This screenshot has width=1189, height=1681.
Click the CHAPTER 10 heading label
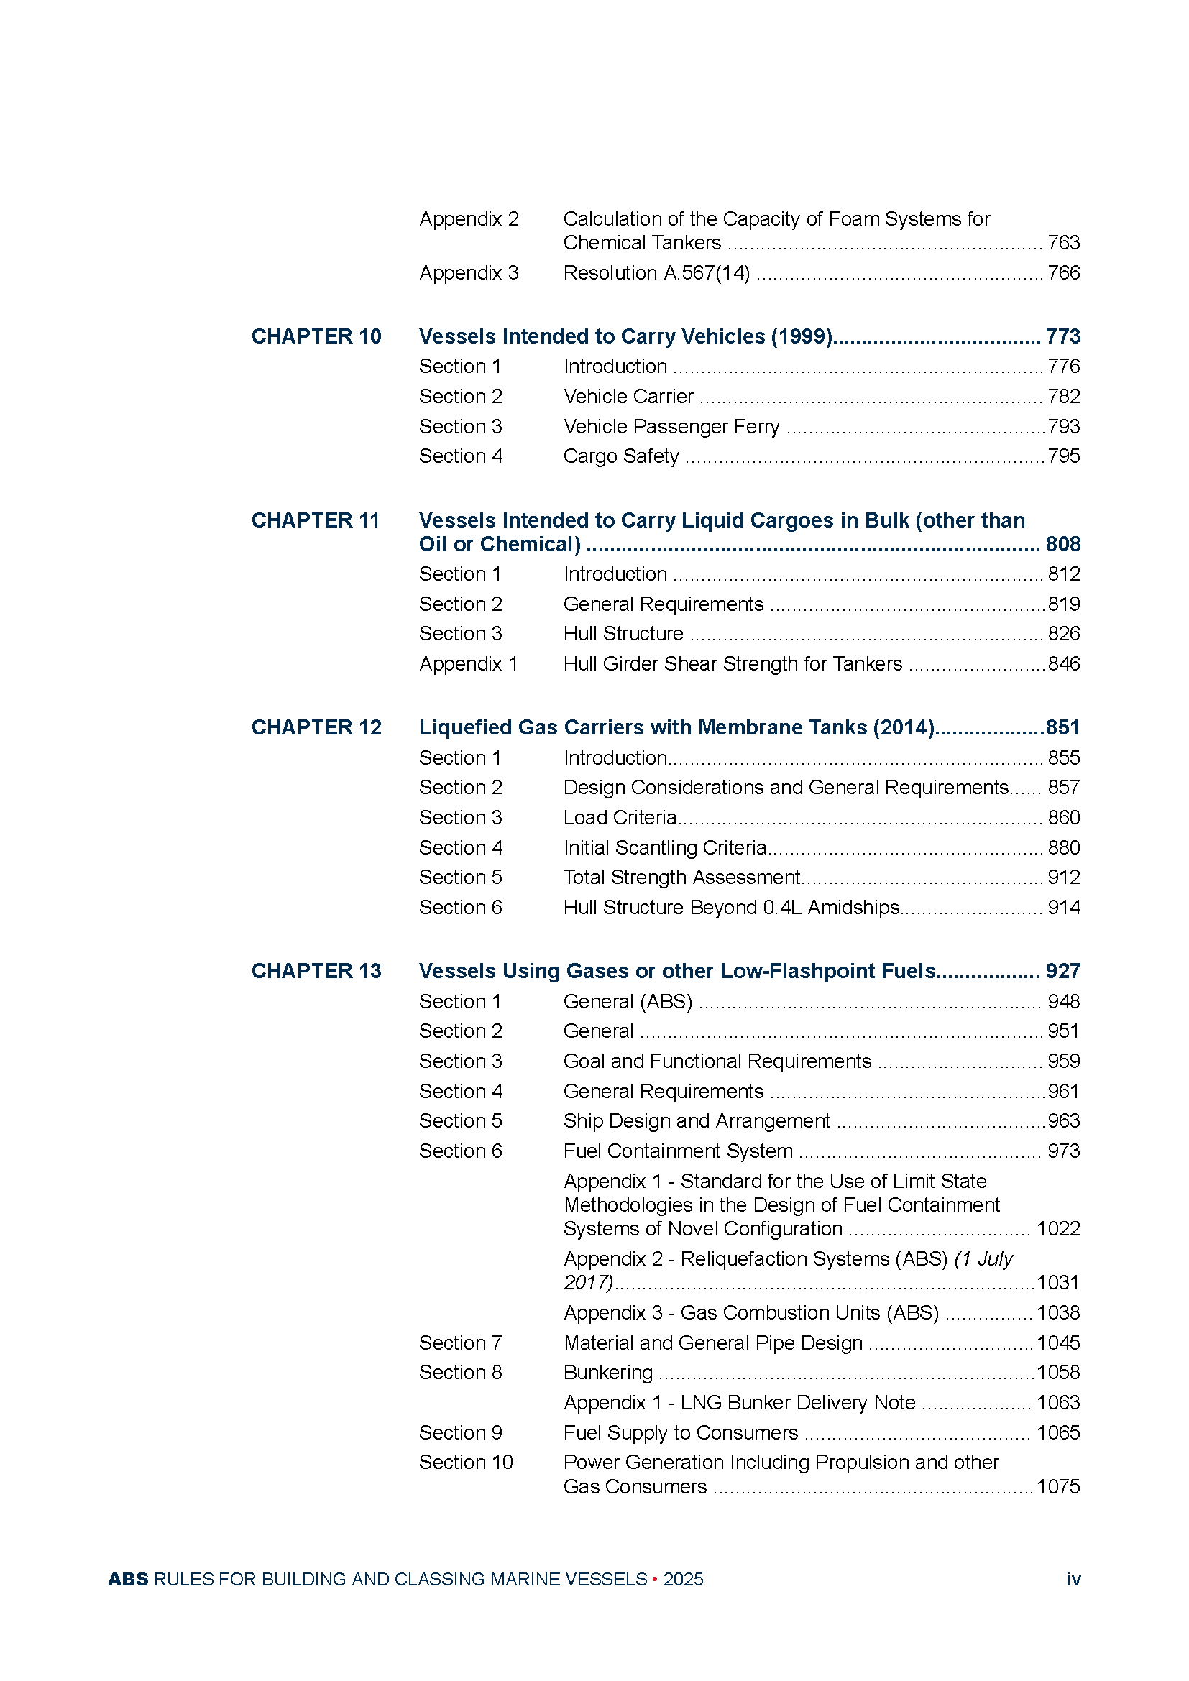pos(316,337)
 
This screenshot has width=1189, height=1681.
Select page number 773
pos(1062,337)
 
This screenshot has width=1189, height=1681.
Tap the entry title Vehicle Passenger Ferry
pos(671,427)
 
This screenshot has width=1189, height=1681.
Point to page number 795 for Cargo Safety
pos(1064,456)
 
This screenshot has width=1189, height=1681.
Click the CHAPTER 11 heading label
pos(316,520)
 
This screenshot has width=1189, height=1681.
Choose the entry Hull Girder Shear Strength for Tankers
pos(732,664)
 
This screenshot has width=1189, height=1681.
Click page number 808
pos(1062,545)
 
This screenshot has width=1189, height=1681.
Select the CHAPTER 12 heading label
pos(316,728)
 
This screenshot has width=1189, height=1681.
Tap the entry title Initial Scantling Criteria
pos(665,848)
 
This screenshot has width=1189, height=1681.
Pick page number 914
pos(1064,908)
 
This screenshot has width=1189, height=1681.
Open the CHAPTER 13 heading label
pos(316,972)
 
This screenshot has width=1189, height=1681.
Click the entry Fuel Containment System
pos(678,1151)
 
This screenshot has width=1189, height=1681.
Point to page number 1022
pos(1058,1229)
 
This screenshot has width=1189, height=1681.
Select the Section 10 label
pos(466,1463)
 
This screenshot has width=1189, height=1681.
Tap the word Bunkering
pos(607,1373)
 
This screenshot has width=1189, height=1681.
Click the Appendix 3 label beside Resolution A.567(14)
pos(469,273)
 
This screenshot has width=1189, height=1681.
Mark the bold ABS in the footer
pos(128,1579)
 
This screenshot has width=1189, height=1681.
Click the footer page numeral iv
pos(1073,1579)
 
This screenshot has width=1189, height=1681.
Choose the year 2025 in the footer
pos(683,1579)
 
